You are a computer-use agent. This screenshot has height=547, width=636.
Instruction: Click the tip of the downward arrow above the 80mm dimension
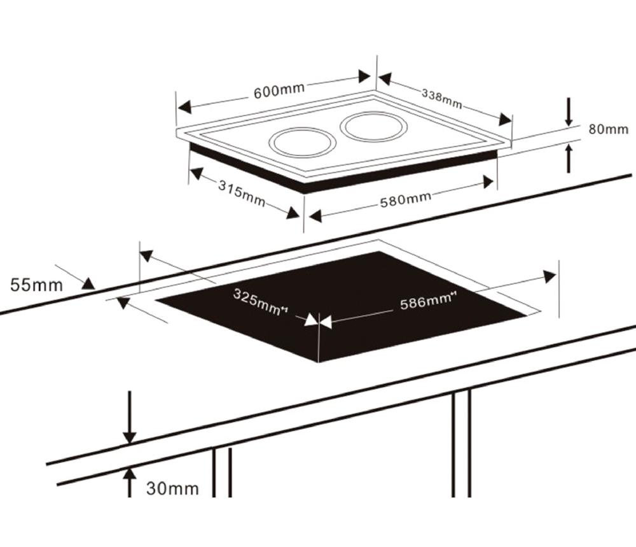point(569,126)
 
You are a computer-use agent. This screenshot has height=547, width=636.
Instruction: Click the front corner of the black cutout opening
point(319,362)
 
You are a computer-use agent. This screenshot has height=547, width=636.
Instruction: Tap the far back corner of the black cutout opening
point(379,251)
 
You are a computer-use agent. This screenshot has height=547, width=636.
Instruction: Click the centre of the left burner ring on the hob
point(303,143)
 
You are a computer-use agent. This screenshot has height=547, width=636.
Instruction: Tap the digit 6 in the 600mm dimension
point(258,93)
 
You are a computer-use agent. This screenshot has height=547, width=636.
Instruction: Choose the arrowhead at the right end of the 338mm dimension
point(505,119)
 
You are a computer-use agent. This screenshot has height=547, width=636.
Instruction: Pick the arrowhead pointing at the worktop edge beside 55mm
point(89,283)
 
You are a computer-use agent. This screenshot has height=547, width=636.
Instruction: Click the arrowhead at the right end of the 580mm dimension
point(488,182)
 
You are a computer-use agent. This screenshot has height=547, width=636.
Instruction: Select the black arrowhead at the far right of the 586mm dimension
point(550,276)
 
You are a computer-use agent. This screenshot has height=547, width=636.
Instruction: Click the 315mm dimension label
point(242,193)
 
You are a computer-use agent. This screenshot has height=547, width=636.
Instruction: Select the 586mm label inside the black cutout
point(426,302)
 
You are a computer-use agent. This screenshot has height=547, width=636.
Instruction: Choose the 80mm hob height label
point(609,129)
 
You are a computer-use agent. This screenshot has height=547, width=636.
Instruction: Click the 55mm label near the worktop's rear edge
point(36,285)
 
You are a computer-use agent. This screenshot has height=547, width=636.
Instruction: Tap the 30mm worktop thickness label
point(172,488)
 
